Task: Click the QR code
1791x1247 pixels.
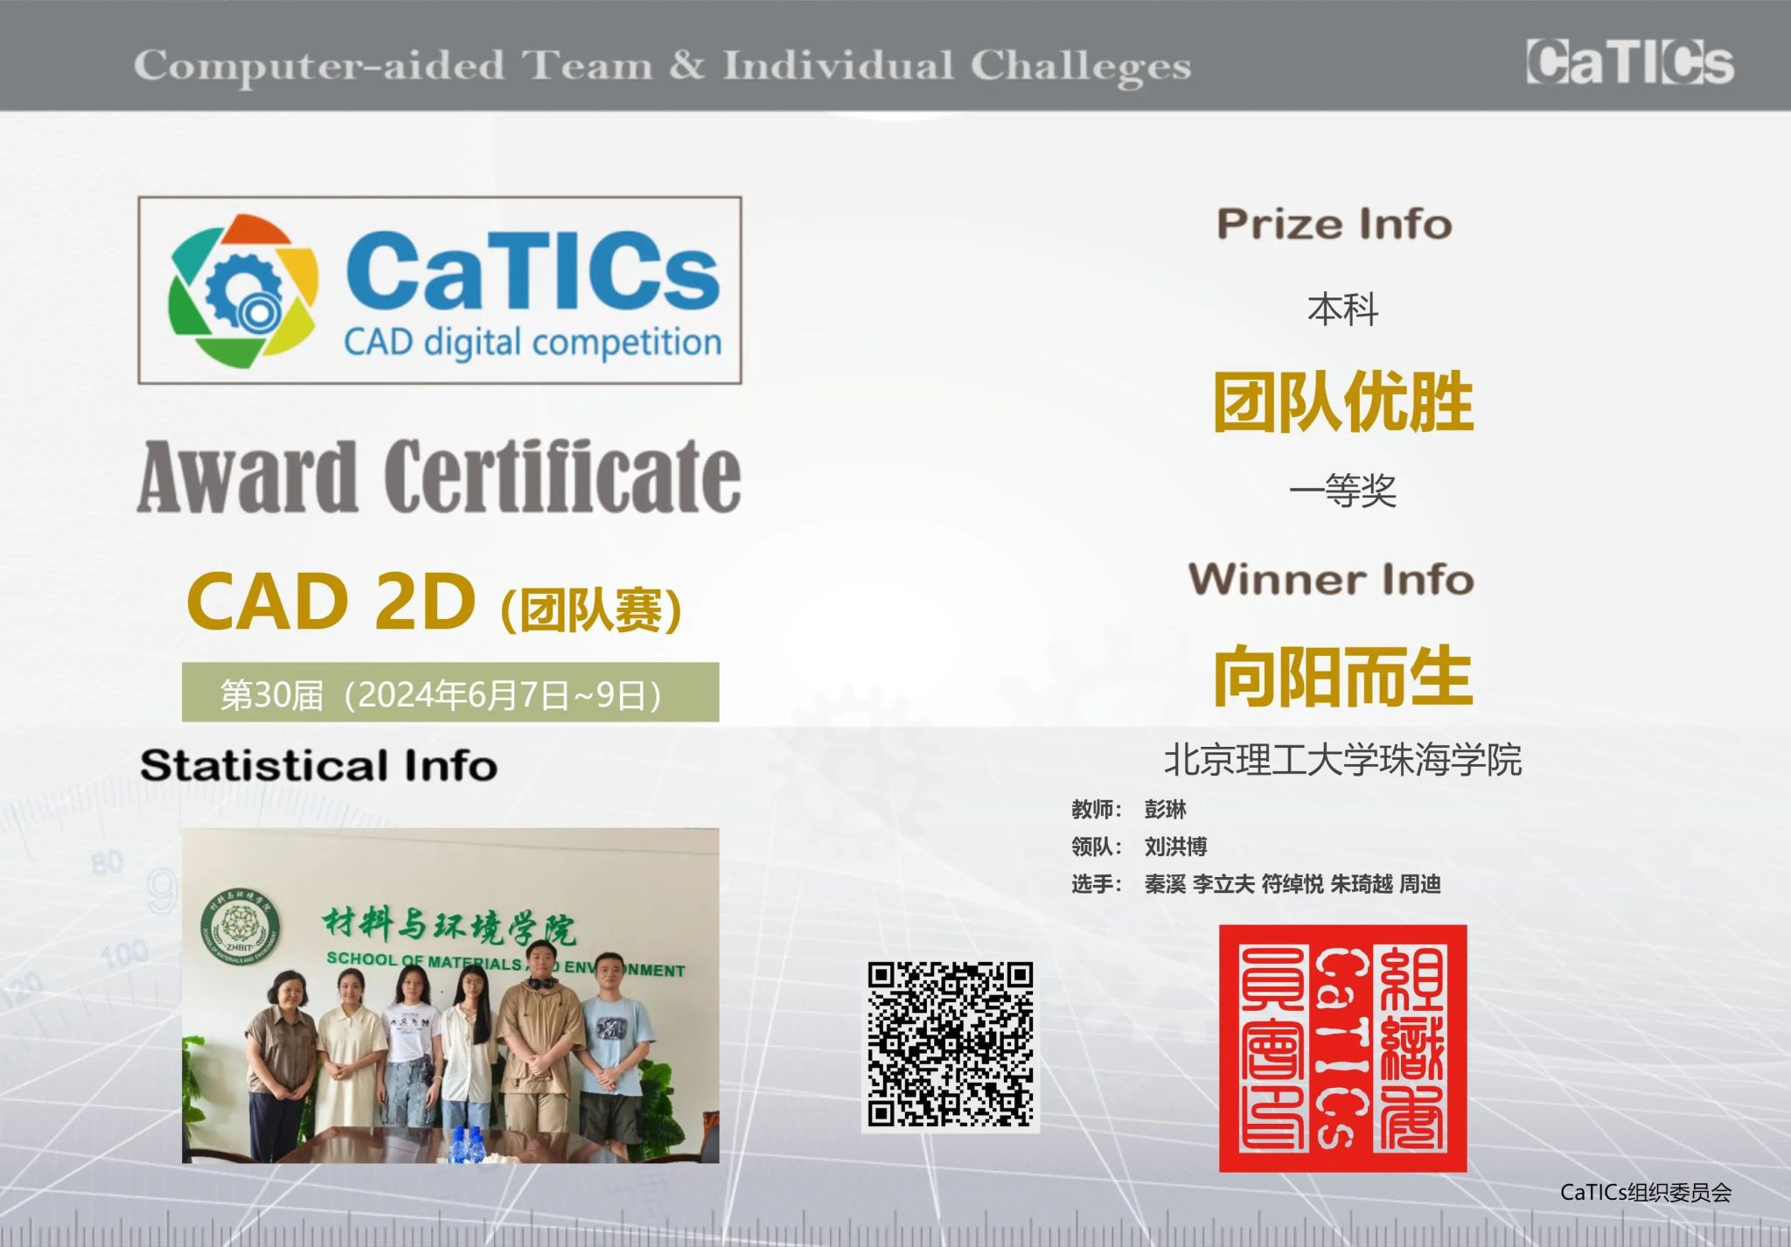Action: tap(951, 1044)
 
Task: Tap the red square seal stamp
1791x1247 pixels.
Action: tap(1342, 1048)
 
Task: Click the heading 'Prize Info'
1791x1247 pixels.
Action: tap(1335, 224)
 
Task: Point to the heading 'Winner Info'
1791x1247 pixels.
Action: tap(1331, 579)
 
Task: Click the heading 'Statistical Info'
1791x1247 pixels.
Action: tap(319, 765)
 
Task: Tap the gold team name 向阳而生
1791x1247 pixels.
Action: tap(1342, 675)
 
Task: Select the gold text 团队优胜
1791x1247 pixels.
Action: tap(1342, 401)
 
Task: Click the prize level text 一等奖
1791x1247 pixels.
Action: tap(1342, 491)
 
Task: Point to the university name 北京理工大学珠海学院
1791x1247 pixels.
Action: tap(1342, 759)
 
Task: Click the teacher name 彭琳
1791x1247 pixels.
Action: tap(1165, 809)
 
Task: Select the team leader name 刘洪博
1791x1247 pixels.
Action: tap(1175, 846)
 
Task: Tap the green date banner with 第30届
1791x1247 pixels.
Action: tap(450, 692)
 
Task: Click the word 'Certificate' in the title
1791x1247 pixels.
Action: tap(562, 476)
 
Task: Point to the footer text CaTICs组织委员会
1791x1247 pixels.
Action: tap(1646, 1192)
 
